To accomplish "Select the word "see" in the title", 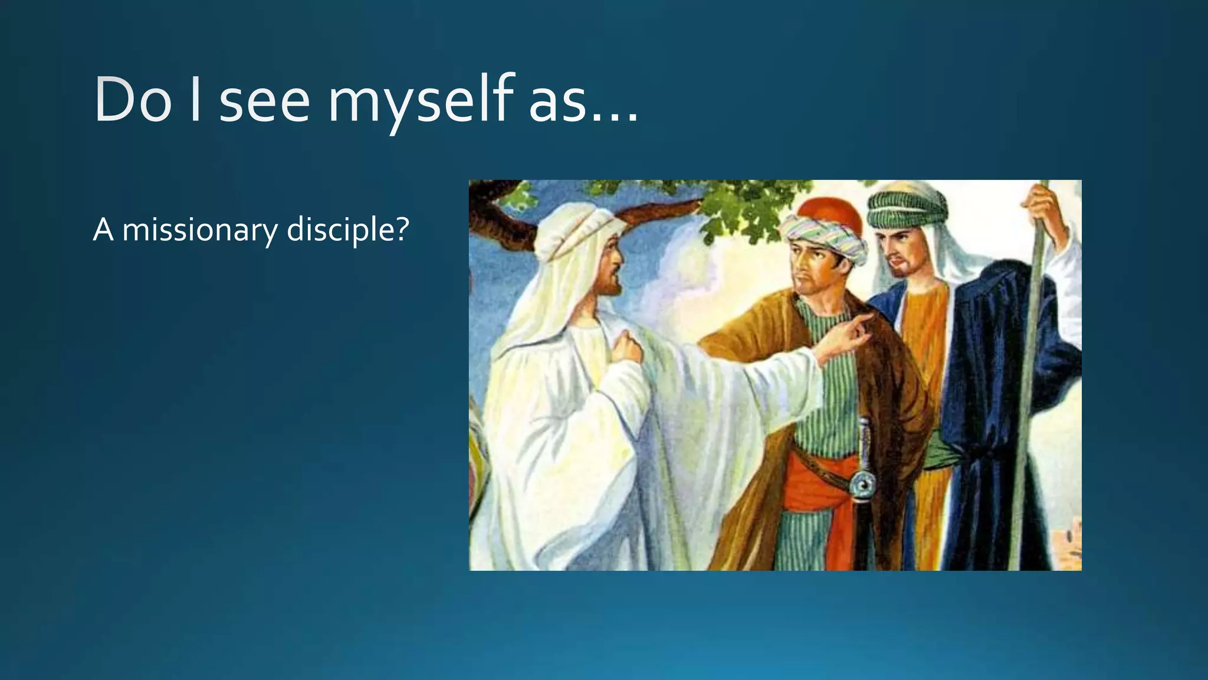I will [264, 102].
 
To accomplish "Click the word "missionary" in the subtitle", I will [199, 230].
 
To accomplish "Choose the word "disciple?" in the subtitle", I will [347, 230].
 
